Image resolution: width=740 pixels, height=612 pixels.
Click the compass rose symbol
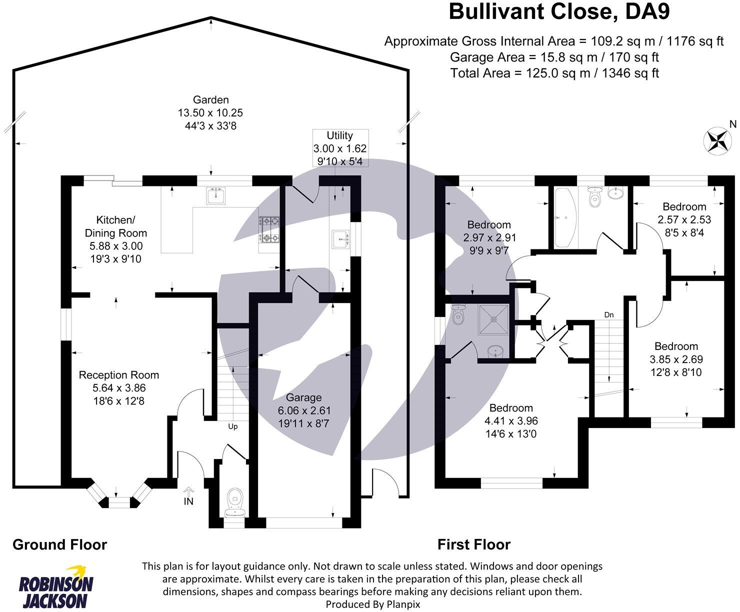(717, 140)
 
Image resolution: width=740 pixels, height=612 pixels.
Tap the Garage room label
(304, 397)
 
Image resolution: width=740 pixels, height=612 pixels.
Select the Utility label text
(340, 135)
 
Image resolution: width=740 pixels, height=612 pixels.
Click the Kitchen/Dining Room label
(115, 226)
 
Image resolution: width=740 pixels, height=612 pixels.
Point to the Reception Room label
(119, 375)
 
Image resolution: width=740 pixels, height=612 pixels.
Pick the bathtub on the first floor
(565, 218)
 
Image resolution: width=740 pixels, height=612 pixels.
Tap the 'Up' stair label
(233, 426)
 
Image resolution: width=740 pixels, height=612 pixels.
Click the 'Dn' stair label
(609, 315)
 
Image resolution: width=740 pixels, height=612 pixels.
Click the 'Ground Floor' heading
(59, 544)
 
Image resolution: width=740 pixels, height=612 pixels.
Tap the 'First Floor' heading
(474, 544)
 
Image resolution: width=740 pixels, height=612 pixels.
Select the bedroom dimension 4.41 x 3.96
(511, 421)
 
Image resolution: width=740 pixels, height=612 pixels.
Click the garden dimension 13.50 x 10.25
(210, 113)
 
